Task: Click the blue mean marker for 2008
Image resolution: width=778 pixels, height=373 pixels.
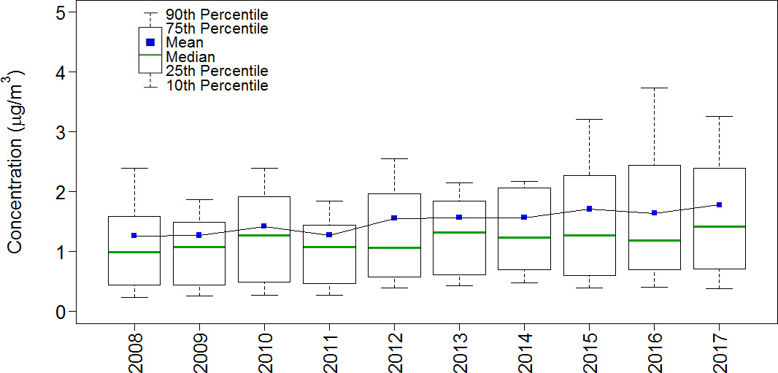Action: [134, 236]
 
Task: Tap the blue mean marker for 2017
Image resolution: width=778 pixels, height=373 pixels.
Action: [719, 204]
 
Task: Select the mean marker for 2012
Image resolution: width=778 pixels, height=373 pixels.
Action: [394, 218]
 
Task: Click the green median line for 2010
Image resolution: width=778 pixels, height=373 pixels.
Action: [264, 235]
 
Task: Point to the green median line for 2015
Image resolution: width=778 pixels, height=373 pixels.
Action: [589, 235]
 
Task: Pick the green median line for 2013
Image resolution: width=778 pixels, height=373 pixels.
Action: [459, 232]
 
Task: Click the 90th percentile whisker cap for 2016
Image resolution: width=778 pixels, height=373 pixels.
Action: [654, 88]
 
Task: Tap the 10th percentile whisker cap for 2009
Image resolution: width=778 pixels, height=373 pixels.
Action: [199, 296]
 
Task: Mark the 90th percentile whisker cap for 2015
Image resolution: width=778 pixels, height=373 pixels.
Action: [589, 119]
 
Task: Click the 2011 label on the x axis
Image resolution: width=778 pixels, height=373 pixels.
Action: [329, 350]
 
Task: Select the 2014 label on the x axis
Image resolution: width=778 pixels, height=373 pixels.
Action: [524, 350]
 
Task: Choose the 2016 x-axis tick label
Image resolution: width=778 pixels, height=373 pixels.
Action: [654, 350]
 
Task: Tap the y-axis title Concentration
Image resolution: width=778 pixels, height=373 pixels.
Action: [16, 162]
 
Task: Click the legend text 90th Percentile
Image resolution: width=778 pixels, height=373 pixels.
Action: [217, 15]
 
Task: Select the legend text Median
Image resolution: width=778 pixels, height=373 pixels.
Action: [190, 57]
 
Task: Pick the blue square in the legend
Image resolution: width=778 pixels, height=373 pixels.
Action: [150, 42]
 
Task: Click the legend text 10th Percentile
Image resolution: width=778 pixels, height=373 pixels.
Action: [217, 85]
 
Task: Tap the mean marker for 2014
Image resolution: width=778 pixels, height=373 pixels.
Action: [524, 217]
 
